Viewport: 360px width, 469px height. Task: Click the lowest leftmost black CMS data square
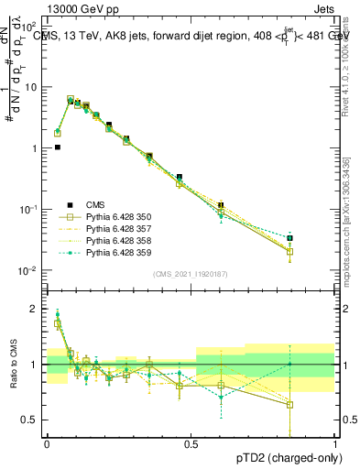point(57,147)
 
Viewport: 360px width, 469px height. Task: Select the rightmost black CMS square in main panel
point(316,238)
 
